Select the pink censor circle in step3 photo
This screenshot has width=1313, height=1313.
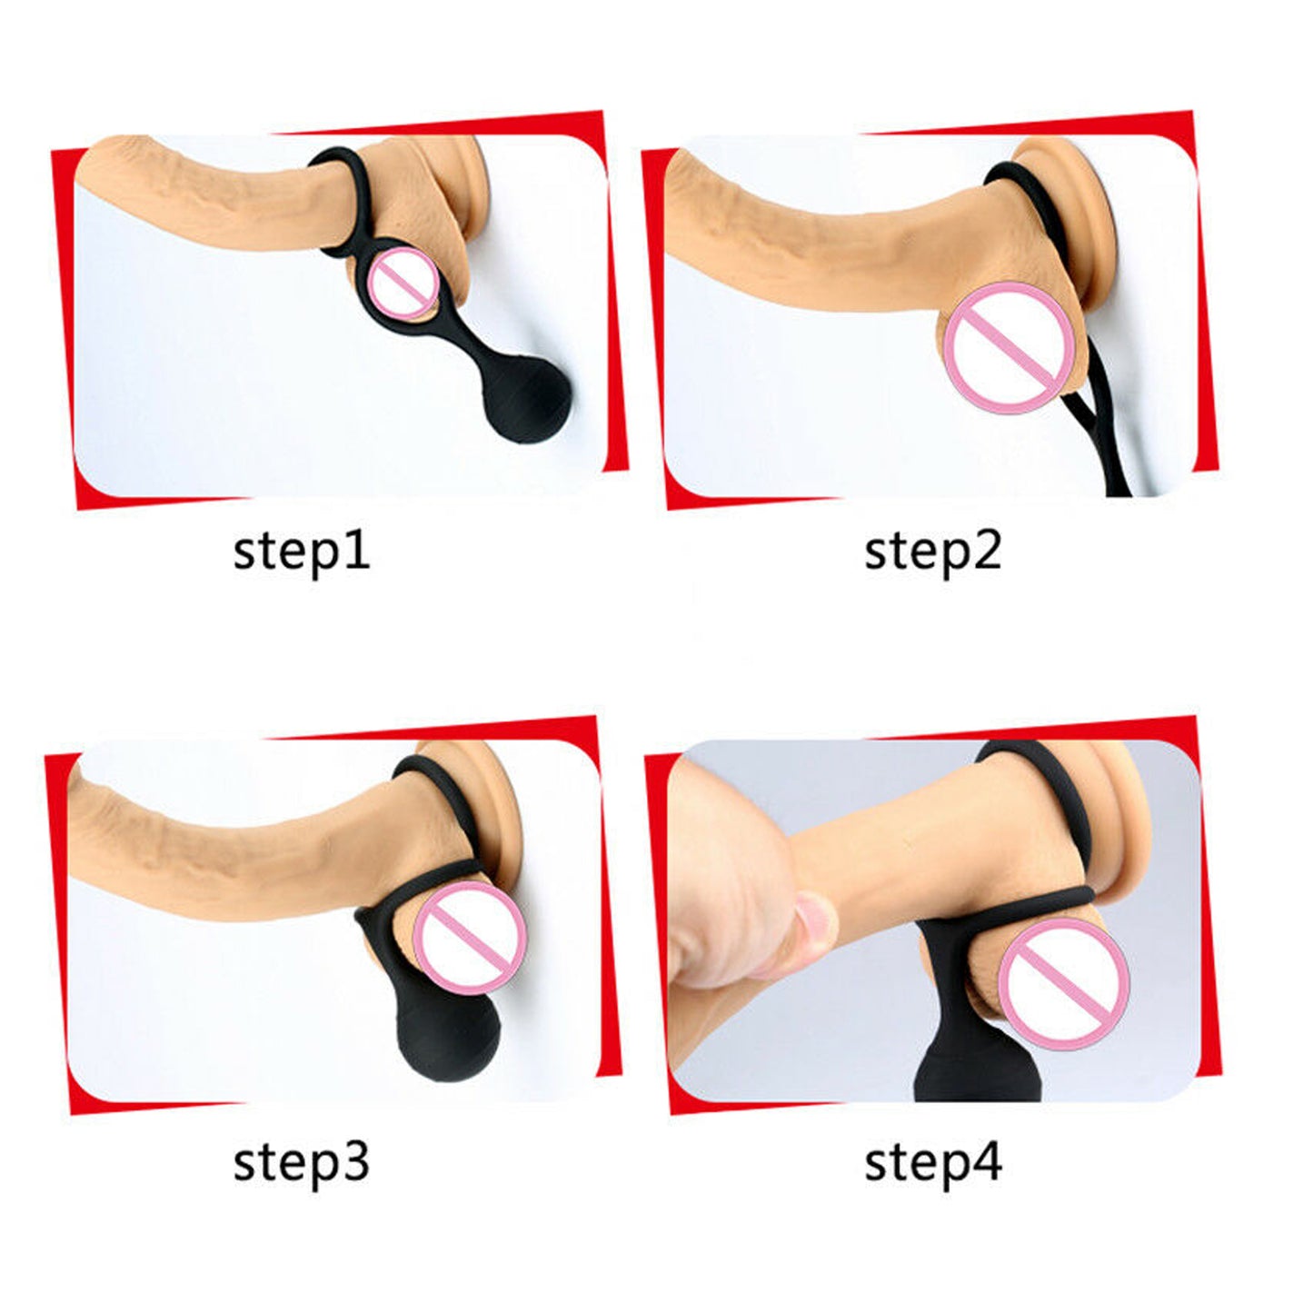[x=471, y=937]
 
